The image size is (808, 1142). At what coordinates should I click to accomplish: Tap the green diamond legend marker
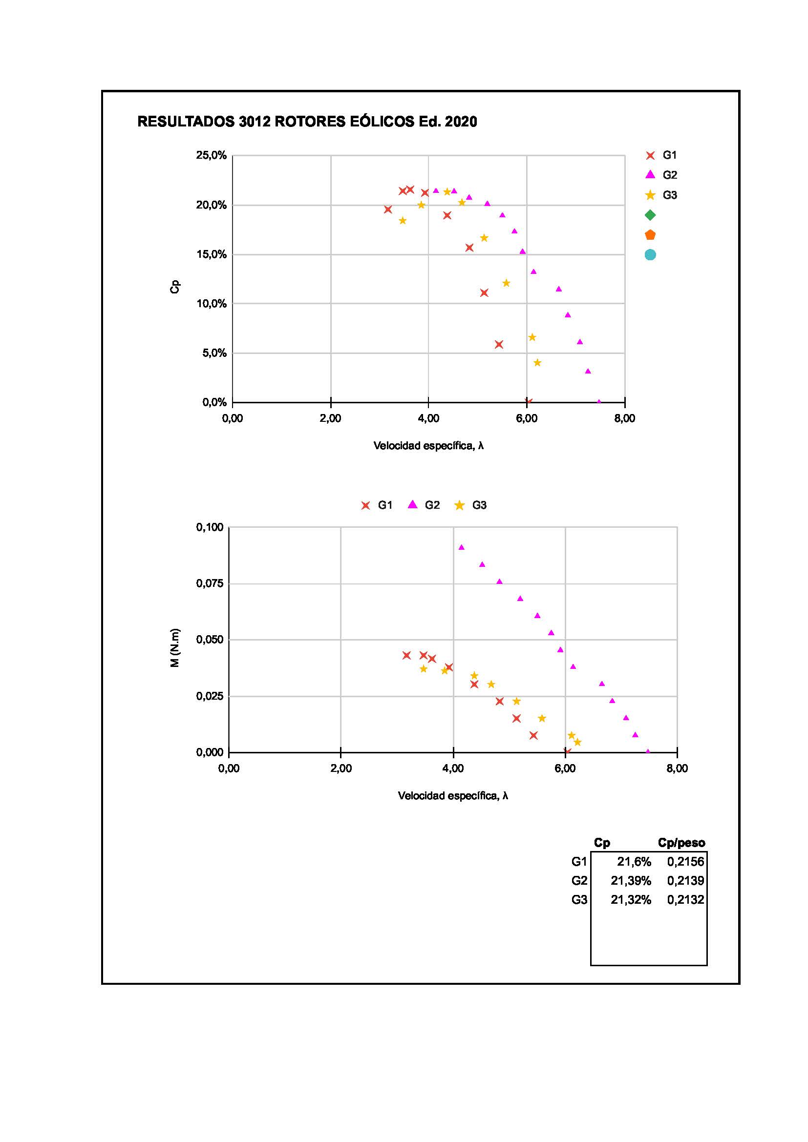click(x=650, y=215)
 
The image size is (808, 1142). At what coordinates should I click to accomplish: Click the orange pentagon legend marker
click(x=650, y=235)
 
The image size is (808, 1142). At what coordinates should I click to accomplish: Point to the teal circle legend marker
click(x=650, y=255)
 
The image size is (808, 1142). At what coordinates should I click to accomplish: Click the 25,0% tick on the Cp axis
click(x=212, y=155)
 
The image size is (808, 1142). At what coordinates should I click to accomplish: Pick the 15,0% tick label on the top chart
click(x=212, y=254)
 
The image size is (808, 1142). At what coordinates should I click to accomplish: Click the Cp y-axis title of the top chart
click(x=174, y=287)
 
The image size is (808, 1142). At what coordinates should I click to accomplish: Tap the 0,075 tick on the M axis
click(x=210, y=583)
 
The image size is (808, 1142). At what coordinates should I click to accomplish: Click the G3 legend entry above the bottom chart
click(x=470, y=505)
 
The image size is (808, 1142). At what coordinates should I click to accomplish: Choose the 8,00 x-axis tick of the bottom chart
click(x=677, y=768)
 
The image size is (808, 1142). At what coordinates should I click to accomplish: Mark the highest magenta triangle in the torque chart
click(x=461, y=547)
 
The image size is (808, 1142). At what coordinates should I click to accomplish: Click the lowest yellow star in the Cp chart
click(x=537, y=363)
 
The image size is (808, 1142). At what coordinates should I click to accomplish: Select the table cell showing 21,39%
click(x=631, y=880)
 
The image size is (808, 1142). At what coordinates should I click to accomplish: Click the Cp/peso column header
click(x=681, y=843)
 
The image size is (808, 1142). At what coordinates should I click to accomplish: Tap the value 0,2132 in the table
click(x=685, y=899)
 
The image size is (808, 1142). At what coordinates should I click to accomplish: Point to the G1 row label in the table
click(x=579, y=861)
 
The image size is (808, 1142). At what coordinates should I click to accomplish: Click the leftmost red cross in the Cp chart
click(x=388, y=209)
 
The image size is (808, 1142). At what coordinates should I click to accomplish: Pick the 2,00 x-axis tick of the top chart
click(x=330, y=418)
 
